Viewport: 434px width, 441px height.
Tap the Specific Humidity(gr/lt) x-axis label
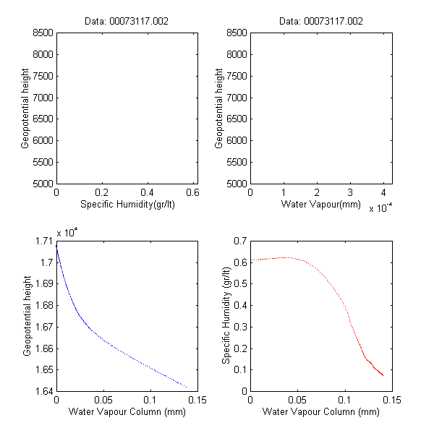(127, 205)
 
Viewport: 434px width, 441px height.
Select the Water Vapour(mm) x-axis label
(320, 205)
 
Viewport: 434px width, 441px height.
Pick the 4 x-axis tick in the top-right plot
(383, 193)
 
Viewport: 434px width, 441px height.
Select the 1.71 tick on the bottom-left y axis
(43, 240)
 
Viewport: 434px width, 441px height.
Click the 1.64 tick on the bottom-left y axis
(43, 391)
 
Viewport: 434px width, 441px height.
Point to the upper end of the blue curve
(56, 244)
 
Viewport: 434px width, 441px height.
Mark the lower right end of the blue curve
(186, 386)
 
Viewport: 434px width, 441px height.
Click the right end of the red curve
(383, 375)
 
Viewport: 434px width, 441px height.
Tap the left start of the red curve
(251, 260)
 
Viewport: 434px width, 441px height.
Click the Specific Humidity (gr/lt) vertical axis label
(226, 315)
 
